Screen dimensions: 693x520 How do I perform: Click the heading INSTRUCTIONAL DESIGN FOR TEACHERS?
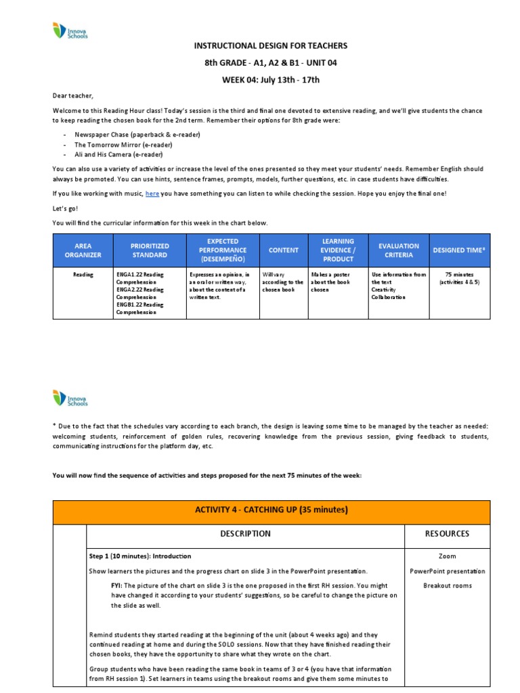pos(271,45)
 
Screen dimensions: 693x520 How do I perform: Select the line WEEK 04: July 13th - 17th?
pos(271,80)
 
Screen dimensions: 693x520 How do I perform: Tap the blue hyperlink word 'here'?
pos(152,194)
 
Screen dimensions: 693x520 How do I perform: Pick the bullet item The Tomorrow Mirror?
pos(114,145)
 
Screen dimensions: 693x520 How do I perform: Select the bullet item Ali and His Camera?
pos(113,155)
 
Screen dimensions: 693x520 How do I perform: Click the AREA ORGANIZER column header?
pos(83,250)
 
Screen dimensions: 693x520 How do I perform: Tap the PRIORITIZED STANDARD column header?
pos(150,250)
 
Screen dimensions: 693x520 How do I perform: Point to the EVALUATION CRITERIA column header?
pos(399,250)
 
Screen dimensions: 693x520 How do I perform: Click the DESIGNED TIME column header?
pos(460,250)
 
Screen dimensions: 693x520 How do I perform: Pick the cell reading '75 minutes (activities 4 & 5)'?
pos(460,278)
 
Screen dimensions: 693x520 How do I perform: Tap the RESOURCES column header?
pos(446,533)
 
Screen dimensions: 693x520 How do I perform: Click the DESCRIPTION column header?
pos(244,533)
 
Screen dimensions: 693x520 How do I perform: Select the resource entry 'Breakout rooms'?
pos(446,585)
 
